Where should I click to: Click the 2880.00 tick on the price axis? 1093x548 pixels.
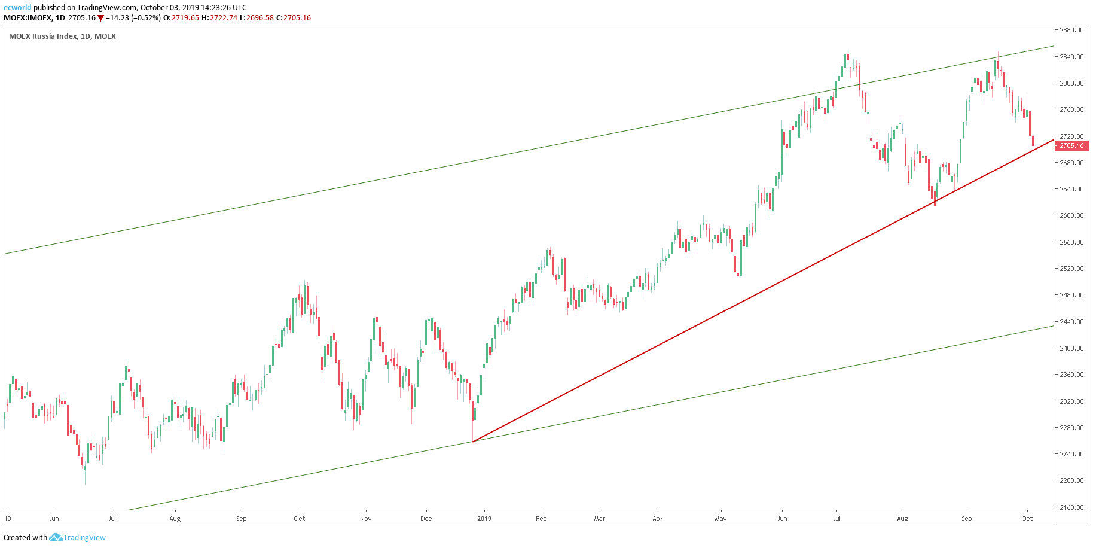(x=1071, y=30)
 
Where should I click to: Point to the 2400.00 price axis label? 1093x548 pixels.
(x=1071, y=348)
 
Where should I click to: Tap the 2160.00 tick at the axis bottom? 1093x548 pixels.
(x=1071, y=507)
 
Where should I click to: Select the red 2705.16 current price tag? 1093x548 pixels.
(x=1071, y=145)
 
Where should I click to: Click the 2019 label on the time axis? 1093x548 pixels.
(x=484, y=519)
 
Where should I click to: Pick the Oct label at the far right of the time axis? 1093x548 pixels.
(x=1027, y=519)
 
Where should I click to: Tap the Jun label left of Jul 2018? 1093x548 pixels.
(x=54, y=519)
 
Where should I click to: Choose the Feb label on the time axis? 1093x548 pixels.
(x=541, y=519)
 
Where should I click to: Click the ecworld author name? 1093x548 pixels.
(x=17, y=8)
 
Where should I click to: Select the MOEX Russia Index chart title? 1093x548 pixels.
(x=62, y=36)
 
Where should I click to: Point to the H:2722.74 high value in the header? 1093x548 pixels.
(x=219, y=18)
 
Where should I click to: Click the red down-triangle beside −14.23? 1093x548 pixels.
(x=101, y=18)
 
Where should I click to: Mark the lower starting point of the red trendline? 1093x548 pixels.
(x=473, y=442)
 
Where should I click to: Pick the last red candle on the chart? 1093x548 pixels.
(x=1033, y=141)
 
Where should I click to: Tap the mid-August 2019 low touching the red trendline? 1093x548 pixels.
(x=935, y=202)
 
